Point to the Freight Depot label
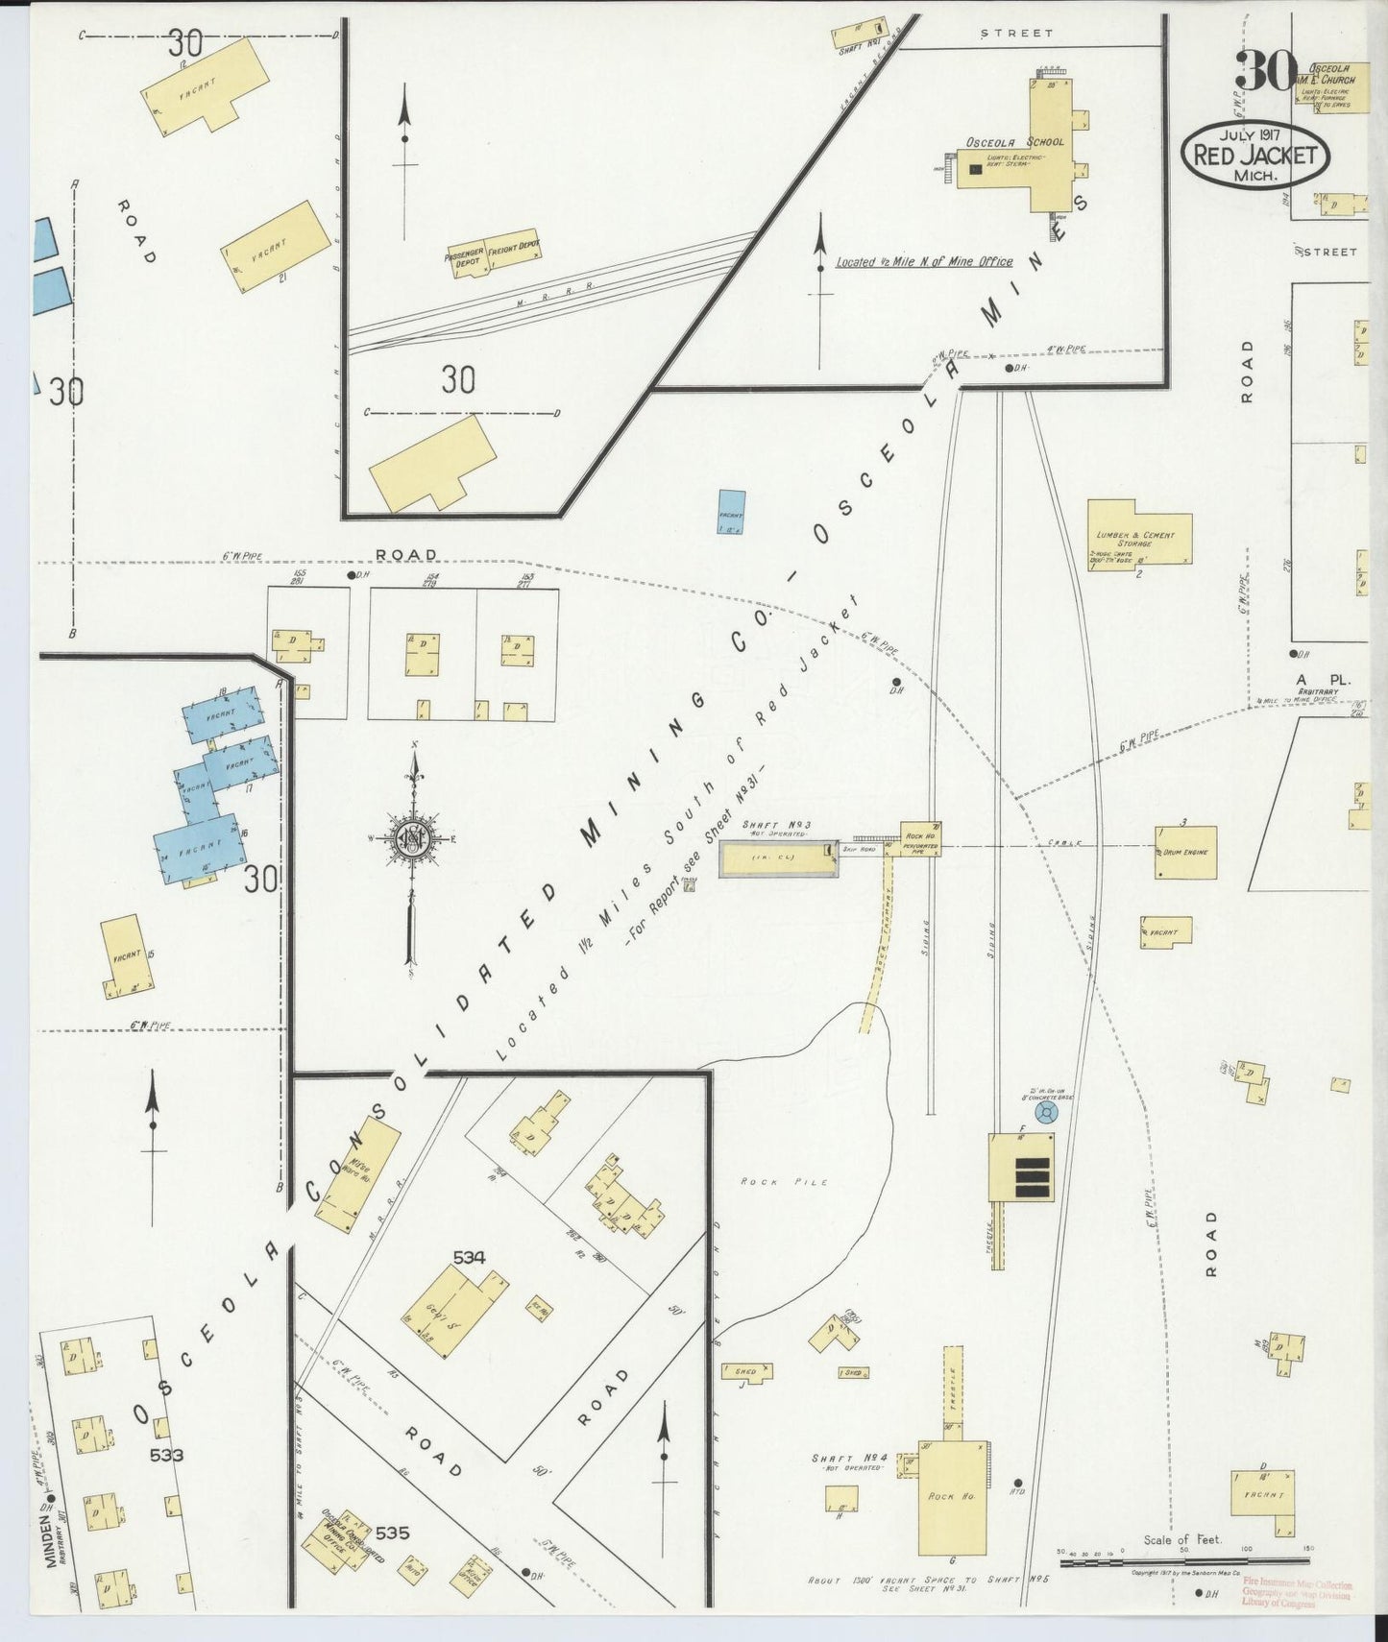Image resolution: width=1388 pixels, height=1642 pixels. [x=514, y=250]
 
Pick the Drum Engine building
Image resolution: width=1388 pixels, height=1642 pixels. [x=1185, y=852]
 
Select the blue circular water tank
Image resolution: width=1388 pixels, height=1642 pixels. [x=1046, y=1112]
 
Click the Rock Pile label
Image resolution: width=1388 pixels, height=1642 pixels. [x=784, y=1182]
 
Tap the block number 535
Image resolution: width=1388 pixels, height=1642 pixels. [x=392, y=1533]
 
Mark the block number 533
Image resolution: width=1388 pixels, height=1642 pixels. [x=165, y=1455]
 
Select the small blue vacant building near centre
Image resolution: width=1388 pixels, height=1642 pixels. [x=731, y=510]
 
